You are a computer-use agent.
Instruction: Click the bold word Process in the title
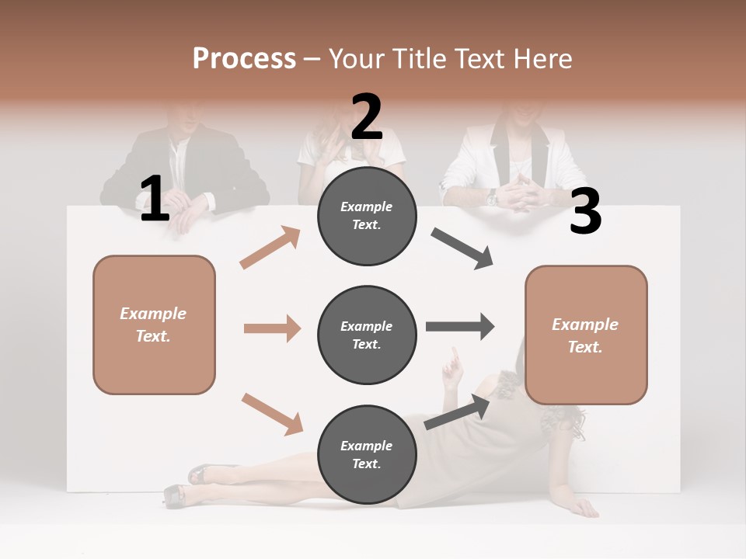[x=244, y=58]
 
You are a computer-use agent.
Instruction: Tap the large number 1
[x=154, y=200]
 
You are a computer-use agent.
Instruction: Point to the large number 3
[x=585, y=213]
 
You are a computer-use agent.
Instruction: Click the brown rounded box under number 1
[x=154, y=325]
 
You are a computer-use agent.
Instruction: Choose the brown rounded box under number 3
[x=586, y=335]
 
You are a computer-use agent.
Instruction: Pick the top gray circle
[x=367, y=216]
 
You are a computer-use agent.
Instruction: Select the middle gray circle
[x=367, y=335]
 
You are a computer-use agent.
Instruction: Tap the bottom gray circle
[x=367, y=454]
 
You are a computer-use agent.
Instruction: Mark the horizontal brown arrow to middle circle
[x=272, y=328]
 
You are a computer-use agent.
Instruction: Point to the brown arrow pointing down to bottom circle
[x=272, y=414]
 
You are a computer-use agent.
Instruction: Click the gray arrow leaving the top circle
[x=462, y=248]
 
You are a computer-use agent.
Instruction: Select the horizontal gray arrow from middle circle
[x=460, y=326]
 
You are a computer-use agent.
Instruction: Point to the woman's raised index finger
[x=455, y=355]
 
